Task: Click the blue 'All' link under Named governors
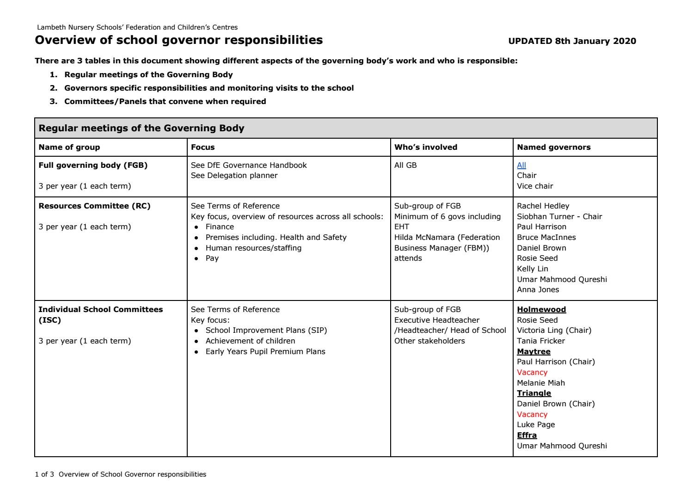521,165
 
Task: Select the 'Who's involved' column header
425,147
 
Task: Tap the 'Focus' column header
202,147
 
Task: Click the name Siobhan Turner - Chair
559,216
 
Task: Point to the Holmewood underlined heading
541,309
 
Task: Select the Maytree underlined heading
534,351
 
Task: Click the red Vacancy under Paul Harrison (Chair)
532,372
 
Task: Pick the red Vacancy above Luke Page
532,414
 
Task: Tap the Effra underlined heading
527,435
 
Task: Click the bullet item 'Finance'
220,227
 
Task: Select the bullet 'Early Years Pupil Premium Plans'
265,351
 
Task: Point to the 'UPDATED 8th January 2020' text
572,41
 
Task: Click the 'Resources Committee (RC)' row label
94,206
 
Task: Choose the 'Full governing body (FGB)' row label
93,165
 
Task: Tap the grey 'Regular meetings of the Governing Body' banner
346,128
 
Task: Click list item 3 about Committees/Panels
165,101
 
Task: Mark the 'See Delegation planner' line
234,175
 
